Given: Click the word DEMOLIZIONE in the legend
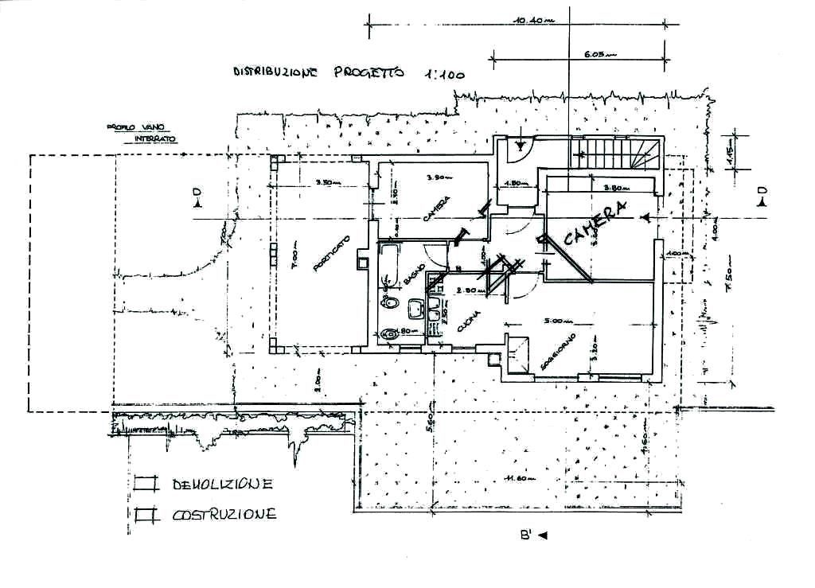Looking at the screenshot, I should click(x=224, y=484).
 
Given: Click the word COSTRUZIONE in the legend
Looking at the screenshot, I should click(x=224, y=514).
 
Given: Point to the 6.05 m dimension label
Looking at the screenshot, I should click(x=595, y=55).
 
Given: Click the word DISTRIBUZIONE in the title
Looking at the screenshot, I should click(x=275, y=72).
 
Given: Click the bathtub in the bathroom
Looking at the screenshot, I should click(x=389, y=266).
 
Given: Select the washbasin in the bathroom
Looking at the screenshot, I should click(x=415, y=308).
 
